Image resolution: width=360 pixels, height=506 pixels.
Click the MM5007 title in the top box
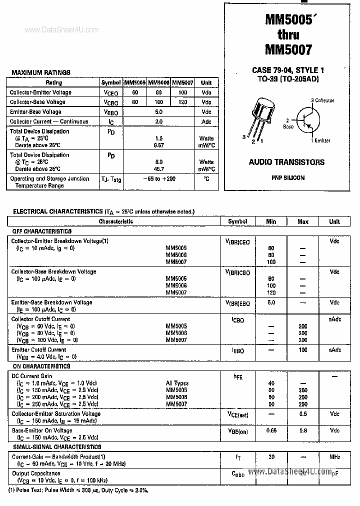[x=288, y=49]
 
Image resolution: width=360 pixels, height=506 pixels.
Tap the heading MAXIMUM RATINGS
[x=40, y=72]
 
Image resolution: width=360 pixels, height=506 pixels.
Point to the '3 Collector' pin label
[x=322, y=100]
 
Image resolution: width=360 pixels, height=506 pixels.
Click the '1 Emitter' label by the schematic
[x=320, y=140]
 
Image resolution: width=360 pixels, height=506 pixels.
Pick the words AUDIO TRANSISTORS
[x=286, y=162]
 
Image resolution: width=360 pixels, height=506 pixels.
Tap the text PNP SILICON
[x=288, y=177]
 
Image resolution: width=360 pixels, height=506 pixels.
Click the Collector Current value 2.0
[x=158, y=121]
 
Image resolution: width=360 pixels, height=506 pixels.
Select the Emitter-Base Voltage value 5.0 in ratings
[x=158, y=112]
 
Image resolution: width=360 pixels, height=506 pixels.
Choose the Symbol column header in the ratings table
[x=110, y=82]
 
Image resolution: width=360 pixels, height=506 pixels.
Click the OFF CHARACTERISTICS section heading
[x=41, y=231]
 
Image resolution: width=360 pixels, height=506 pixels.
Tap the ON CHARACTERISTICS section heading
[x=40, y=366]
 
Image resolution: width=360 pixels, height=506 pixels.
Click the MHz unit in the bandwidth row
[x=334, y=456]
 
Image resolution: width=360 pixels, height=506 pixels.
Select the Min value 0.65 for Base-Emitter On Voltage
[x=271, y=430]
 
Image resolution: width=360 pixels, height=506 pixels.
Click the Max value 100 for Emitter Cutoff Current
[x=302, y=350]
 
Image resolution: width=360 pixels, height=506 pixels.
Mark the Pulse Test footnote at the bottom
[x=78, y=490]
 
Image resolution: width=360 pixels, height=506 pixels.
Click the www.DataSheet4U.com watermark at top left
[x=61, y=30]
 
